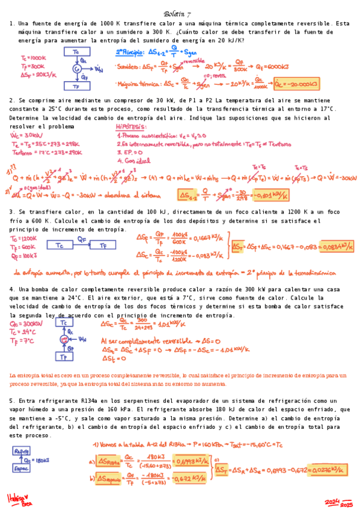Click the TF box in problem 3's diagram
106,245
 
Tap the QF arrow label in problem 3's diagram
81,239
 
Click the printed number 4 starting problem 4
11,289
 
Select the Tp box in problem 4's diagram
63,357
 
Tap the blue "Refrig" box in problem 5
22,449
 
